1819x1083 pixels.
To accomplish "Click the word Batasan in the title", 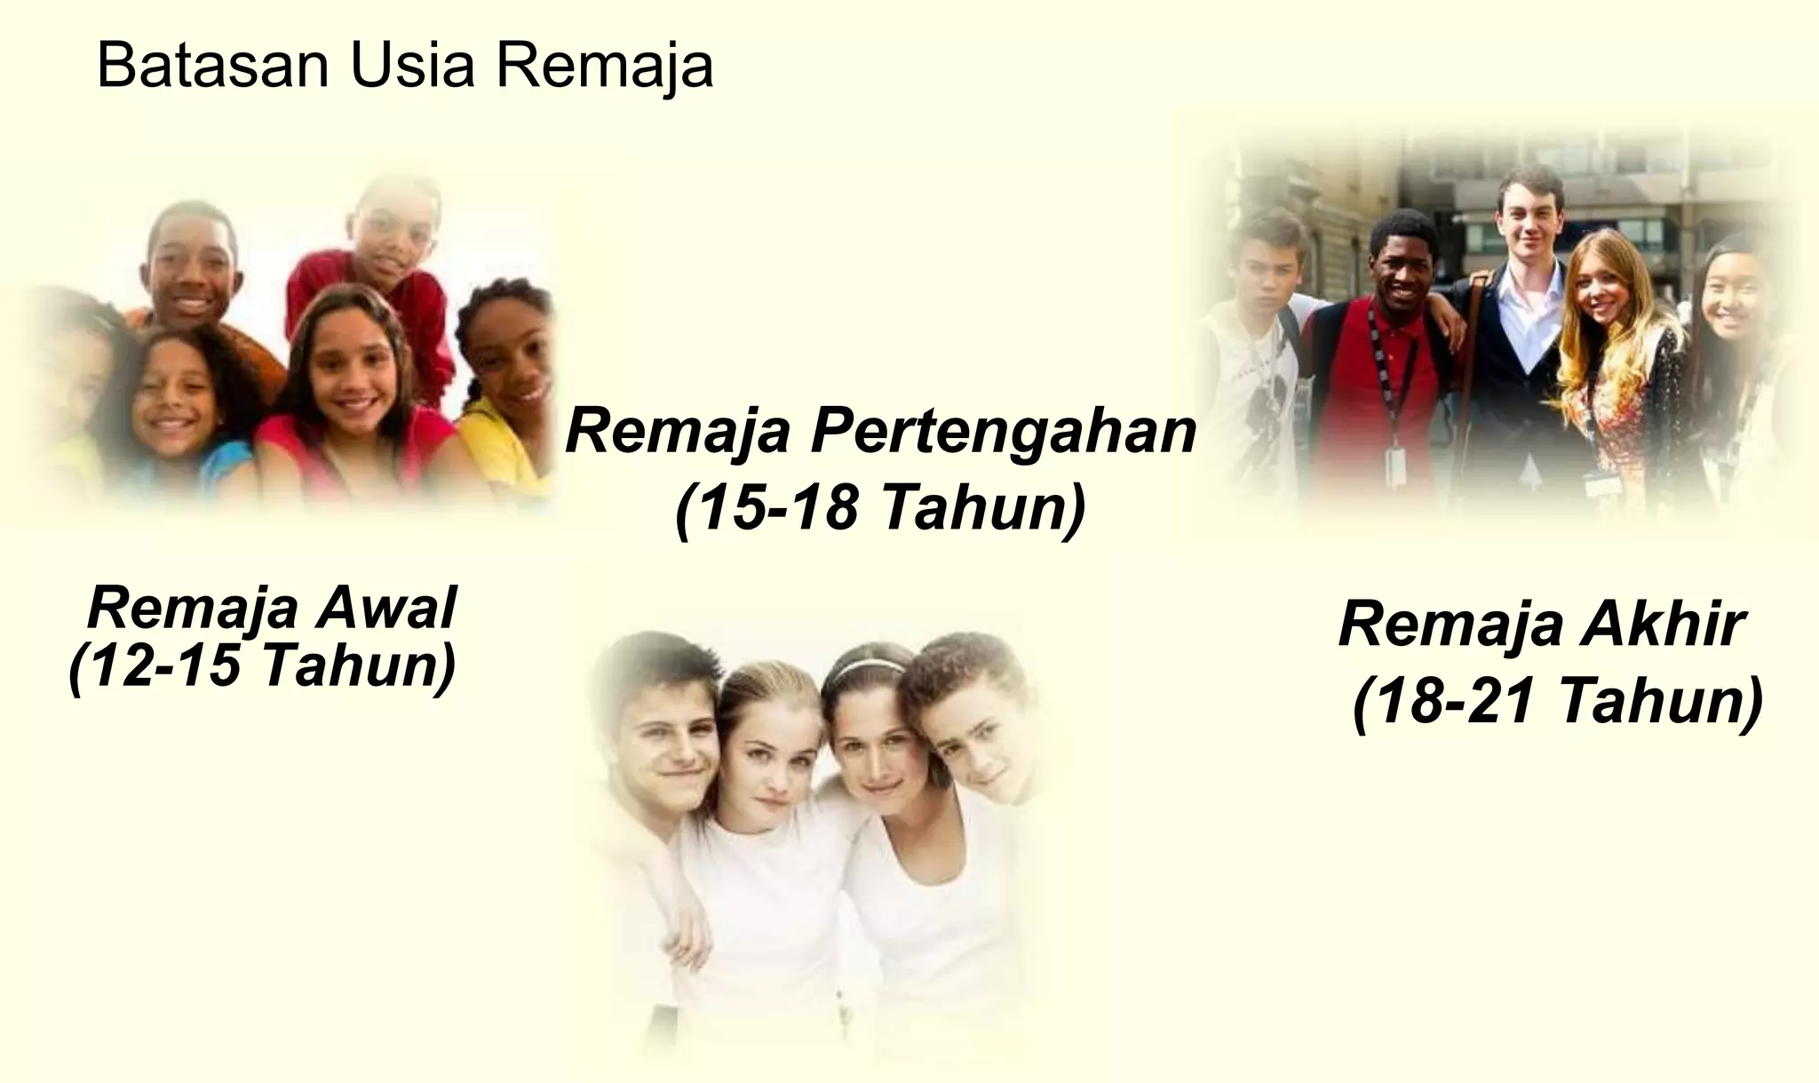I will coord(214,67).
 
